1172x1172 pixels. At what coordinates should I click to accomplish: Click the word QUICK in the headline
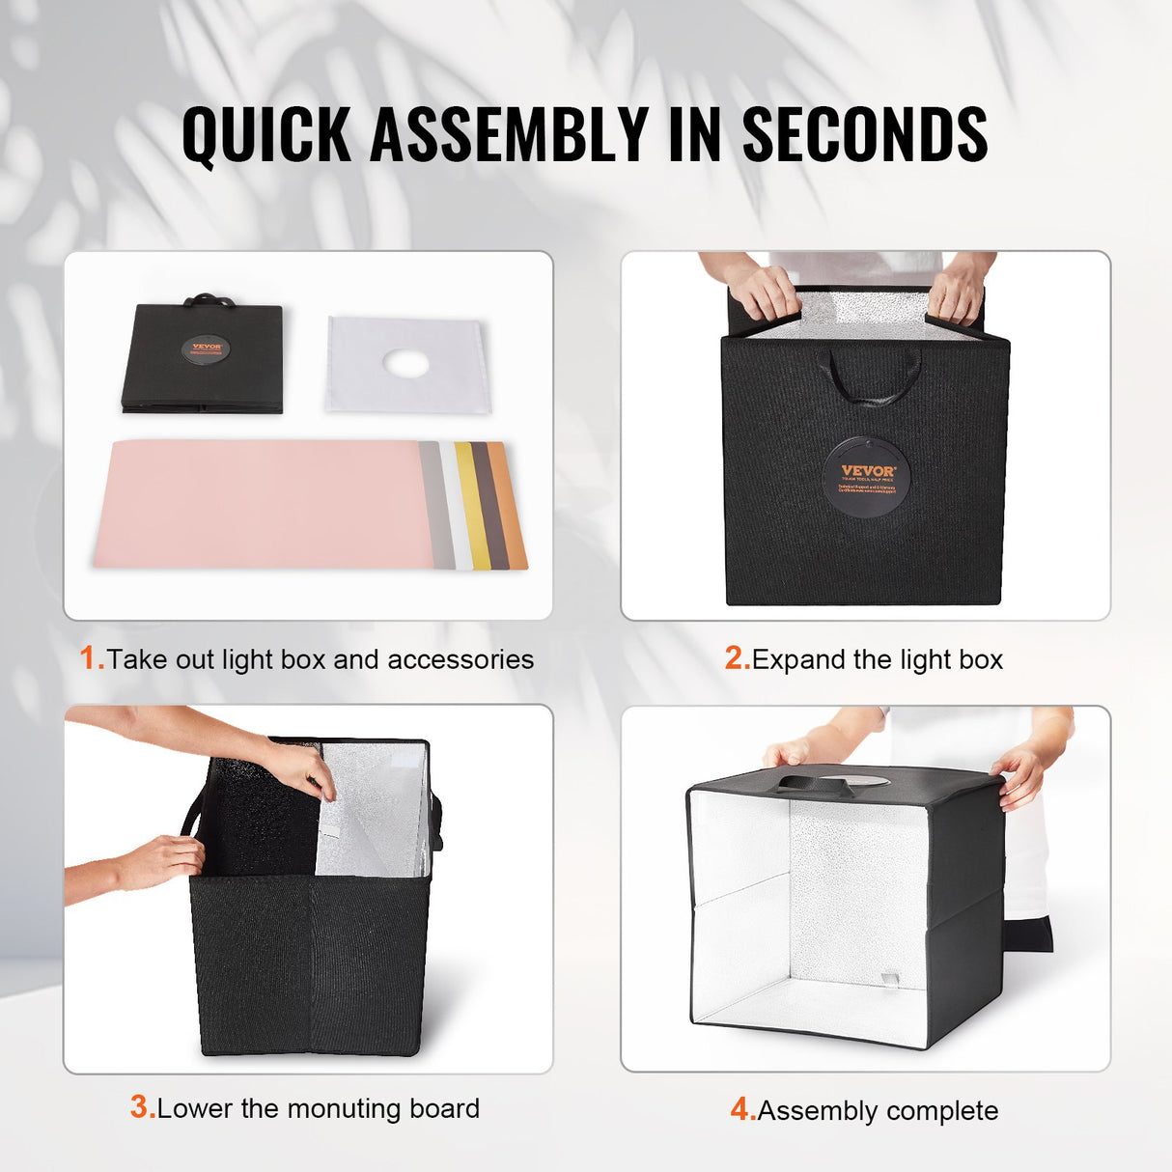[x=265, y=134]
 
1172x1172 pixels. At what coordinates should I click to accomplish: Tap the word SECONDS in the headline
[x=864, y=134]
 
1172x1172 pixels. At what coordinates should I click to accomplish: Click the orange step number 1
[x=91, y=658]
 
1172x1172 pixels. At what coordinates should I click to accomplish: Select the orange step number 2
[x=737, y=658]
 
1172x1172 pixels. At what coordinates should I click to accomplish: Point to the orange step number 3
[x=142, y=1107]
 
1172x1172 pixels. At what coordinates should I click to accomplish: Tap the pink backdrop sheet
[x=261, y=504]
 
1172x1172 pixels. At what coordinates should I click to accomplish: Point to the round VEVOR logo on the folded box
[x=206, y=349]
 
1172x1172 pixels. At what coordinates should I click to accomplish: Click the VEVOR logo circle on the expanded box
[x=867, y=477]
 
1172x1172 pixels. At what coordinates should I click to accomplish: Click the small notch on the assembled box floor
[x=889, y=978]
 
